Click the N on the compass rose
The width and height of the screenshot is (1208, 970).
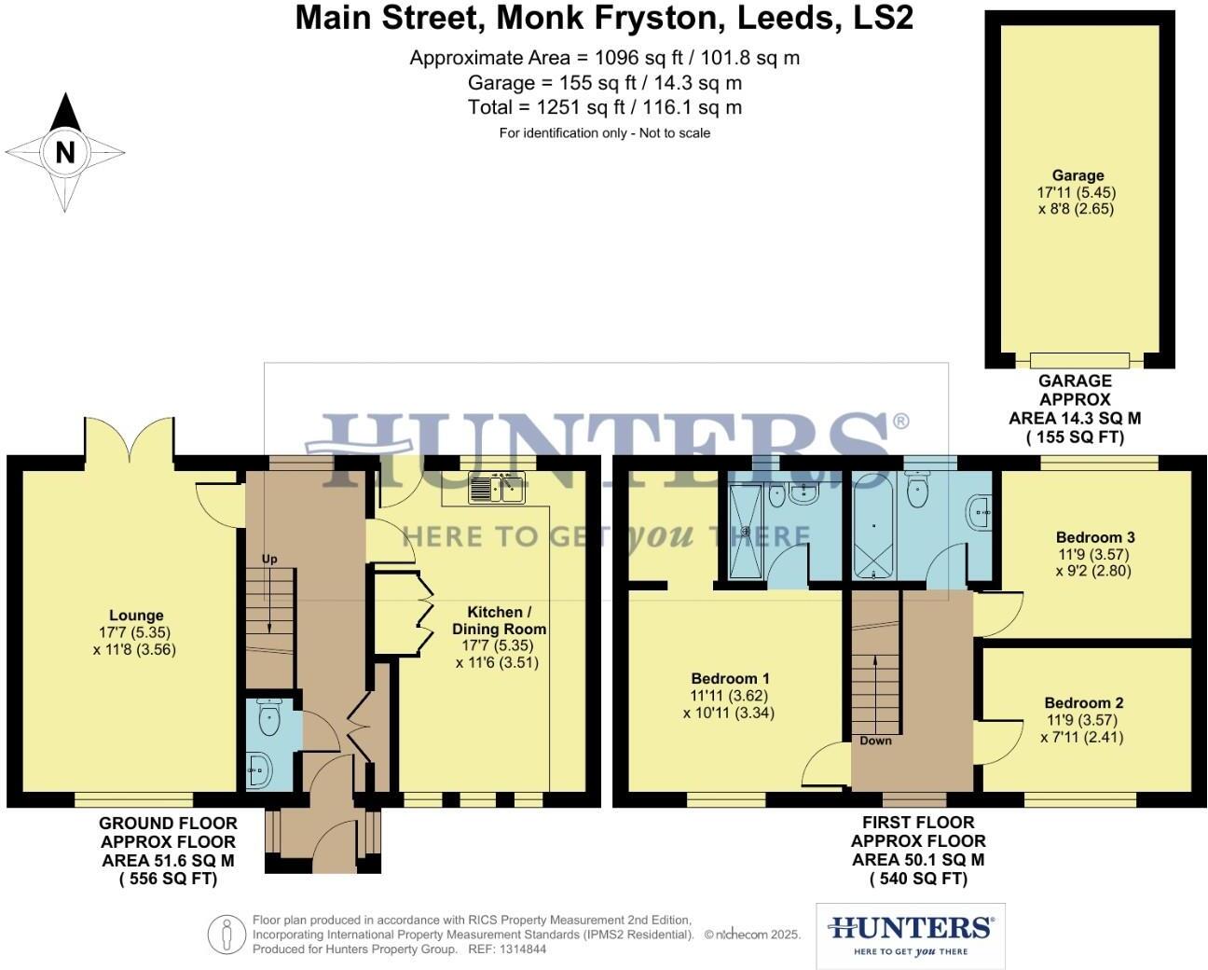[x=64, y=152]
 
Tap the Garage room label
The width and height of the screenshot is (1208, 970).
[x=1078, y=175]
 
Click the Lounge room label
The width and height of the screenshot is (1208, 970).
[x=136, y=616]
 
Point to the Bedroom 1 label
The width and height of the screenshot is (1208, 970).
[x=730, y=678]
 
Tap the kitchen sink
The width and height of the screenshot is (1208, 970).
[x=498, y=488]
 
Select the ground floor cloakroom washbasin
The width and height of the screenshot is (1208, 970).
[x=259, y=770]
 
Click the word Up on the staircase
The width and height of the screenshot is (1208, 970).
[x=269, y=559]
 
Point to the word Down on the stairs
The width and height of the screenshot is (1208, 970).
[x=875, y=741]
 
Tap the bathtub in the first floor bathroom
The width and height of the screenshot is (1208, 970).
[x=873, y=527]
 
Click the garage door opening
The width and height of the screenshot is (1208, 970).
[x=1079, y=360]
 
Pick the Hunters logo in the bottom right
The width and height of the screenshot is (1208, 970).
[x=910, y=935]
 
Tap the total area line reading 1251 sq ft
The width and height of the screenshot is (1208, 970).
[x=604, y=107]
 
